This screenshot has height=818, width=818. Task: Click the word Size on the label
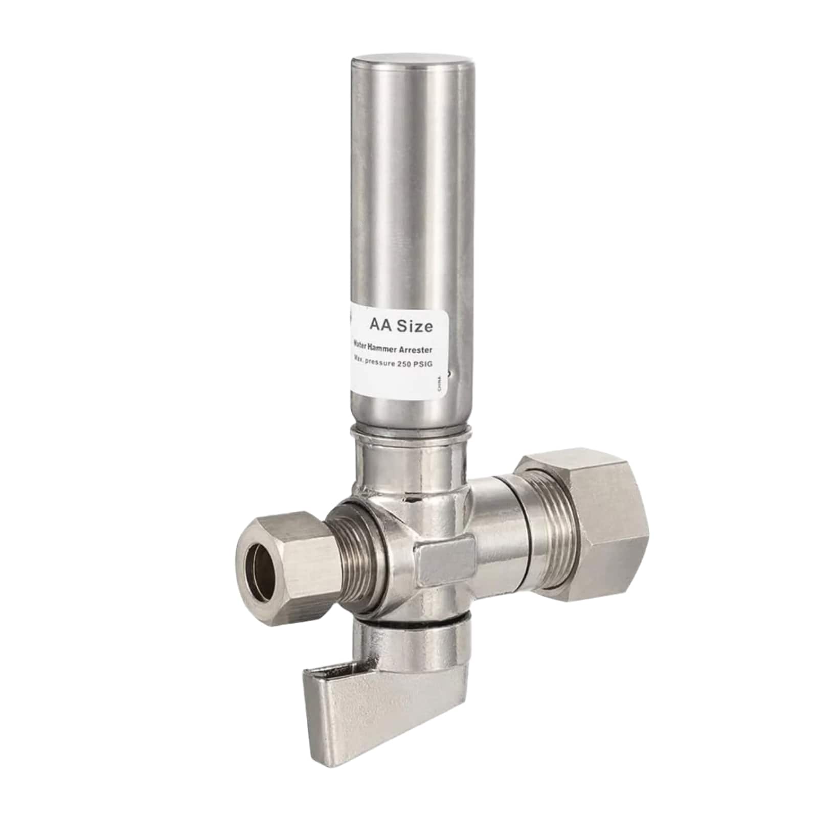point(414,325)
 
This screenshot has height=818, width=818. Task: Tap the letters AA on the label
point(381,325)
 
